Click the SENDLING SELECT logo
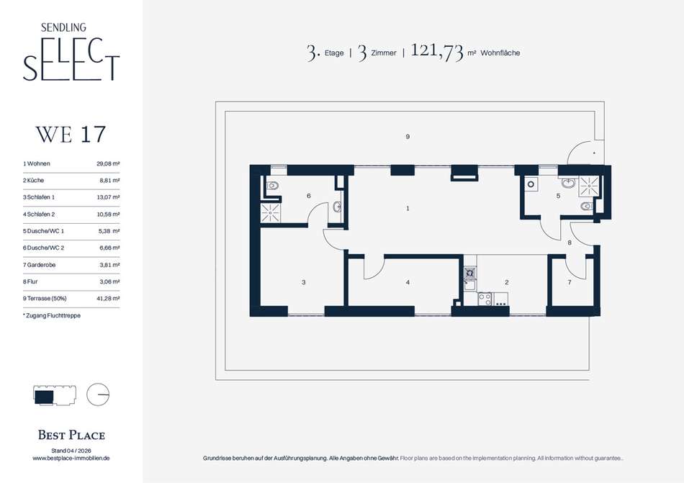(x=71, y=52)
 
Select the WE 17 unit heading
(x=71, y=135)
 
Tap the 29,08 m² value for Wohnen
(x=108, y=164)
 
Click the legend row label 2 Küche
(x=34, y=181)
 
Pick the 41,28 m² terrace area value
(x=108, y=299)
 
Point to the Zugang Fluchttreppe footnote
(x=52, y=315)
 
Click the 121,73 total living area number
(x=436, y=51)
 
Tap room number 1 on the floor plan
(x=408, y=208)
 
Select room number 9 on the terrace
(x=408, y=137)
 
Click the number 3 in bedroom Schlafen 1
(x=304, y=282)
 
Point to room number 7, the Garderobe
(x=570, y=282)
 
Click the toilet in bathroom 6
(x=272, y=186)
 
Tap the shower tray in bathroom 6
(x=271, y=212)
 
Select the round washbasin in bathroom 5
(x=568, y=183)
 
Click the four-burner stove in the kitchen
(x=485, y=298)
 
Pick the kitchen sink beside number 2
(x=470, y=286)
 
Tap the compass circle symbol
(x=98, y=394)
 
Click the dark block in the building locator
(x=44, y=397)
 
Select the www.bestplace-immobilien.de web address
(x=71, y=458)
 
